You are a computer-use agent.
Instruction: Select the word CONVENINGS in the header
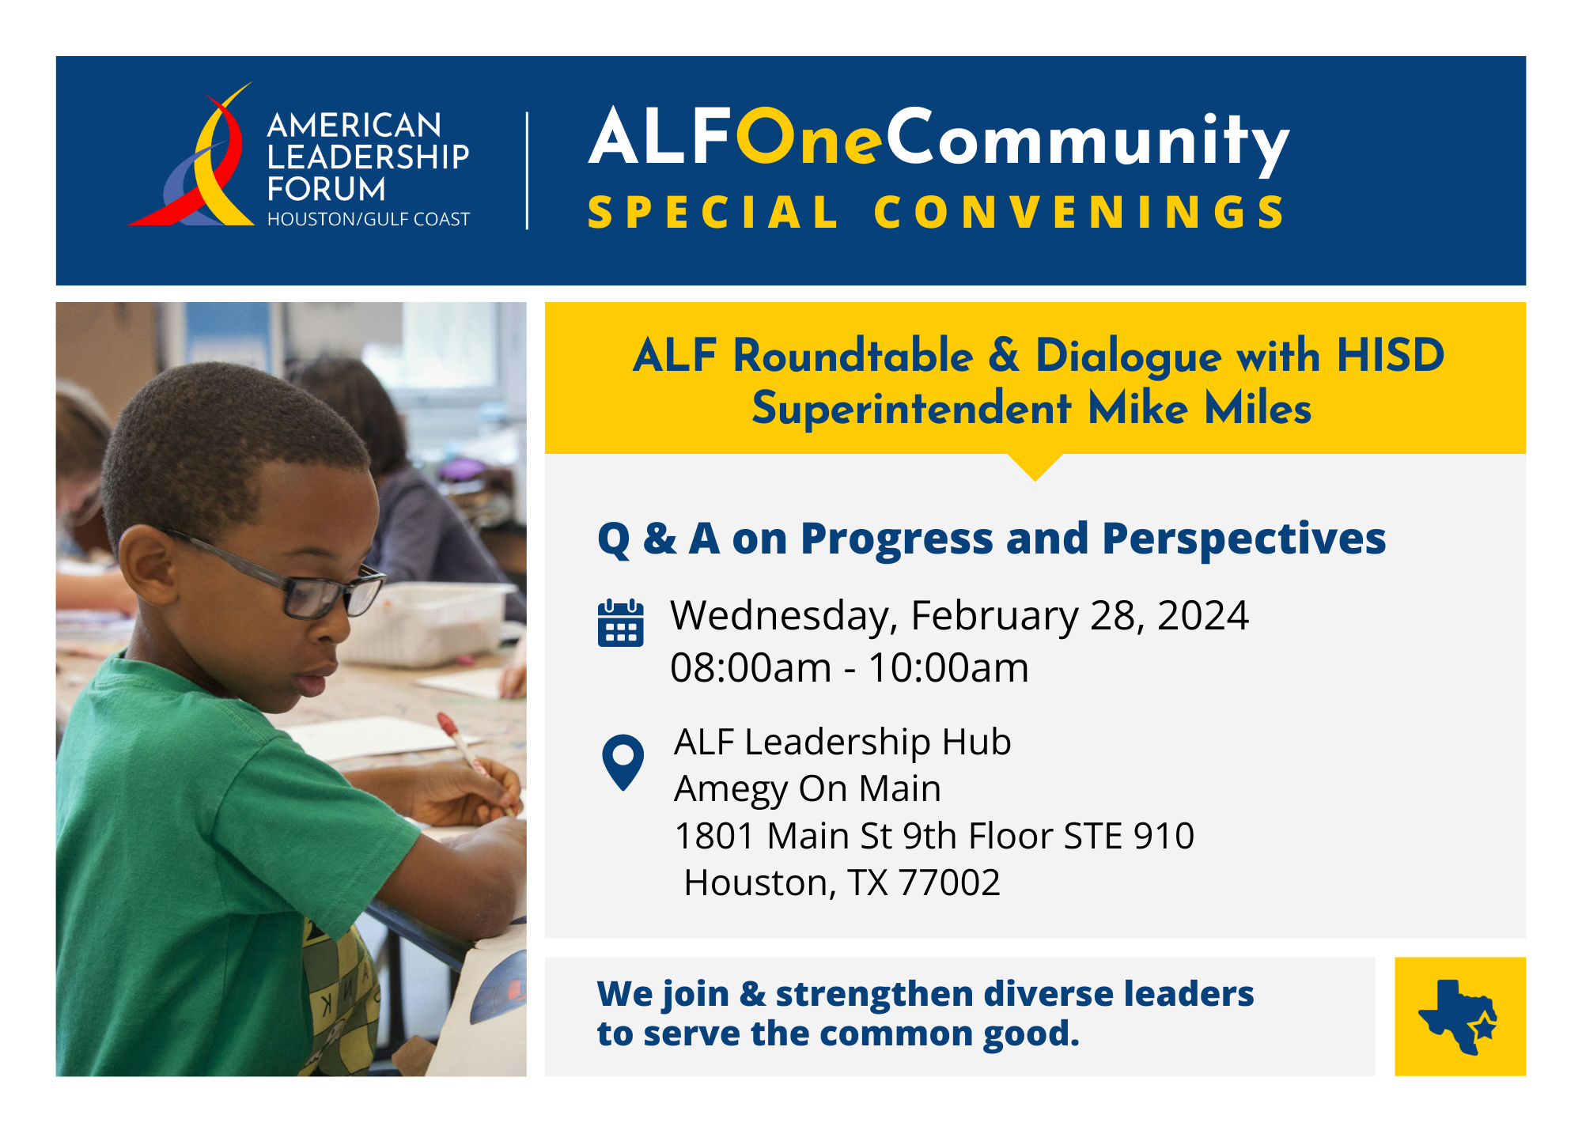(1080, 213)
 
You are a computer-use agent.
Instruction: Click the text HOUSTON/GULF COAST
(369, 219)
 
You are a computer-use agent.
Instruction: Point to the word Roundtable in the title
(853, 355)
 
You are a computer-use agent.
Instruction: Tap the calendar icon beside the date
(621, 623)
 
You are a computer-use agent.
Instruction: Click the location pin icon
(623, 762)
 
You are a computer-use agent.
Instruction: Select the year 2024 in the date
(1202, 615)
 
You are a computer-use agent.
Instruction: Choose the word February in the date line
(994, 616)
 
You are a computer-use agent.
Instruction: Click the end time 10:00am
(948, 668)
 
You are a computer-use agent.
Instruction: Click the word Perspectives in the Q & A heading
(1243, 539)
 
